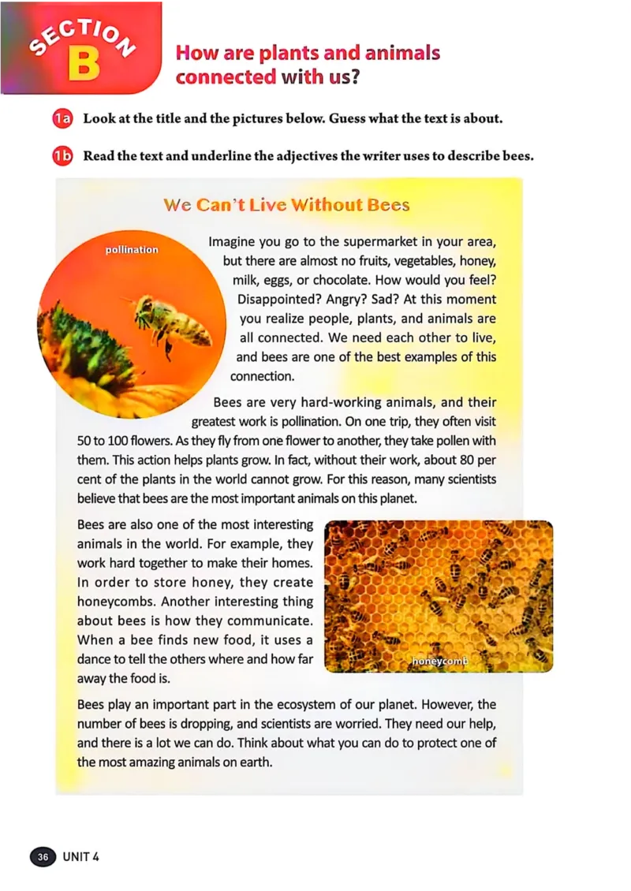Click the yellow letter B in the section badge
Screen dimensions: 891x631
pyautogui.click(x=83, y=65)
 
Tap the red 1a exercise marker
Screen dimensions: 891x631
pyautogui.click(x=62, y=119)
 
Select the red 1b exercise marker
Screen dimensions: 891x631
pyautogui.click(x=62, y=155)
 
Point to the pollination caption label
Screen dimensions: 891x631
pyautogui.click(x=132, y=249)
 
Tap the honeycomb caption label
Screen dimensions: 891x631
pyautogui.click(x=440, y=662)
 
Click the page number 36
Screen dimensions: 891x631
pyautogui.click(x=43, y=856)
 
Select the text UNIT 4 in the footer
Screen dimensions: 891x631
pyautogui.click(x=81, y=856)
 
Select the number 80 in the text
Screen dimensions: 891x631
pyautogui.click(x=463, y=460)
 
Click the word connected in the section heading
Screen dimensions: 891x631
pyautogui.click(x=226, y=77)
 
